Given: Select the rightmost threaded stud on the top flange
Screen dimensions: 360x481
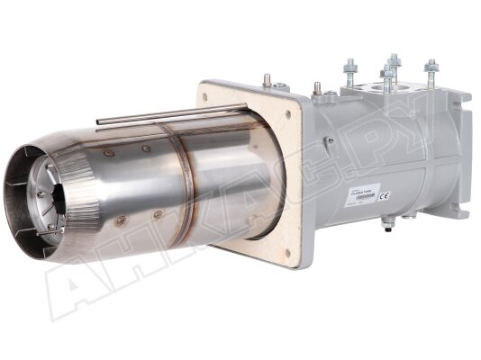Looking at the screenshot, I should tap(431, 71).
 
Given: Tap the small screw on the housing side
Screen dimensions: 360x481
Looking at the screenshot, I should tap(330, 141).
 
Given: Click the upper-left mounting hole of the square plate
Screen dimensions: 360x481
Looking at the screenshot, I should tap(213, 91).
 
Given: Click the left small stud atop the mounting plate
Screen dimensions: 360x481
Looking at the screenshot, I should tap(268, 80).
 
